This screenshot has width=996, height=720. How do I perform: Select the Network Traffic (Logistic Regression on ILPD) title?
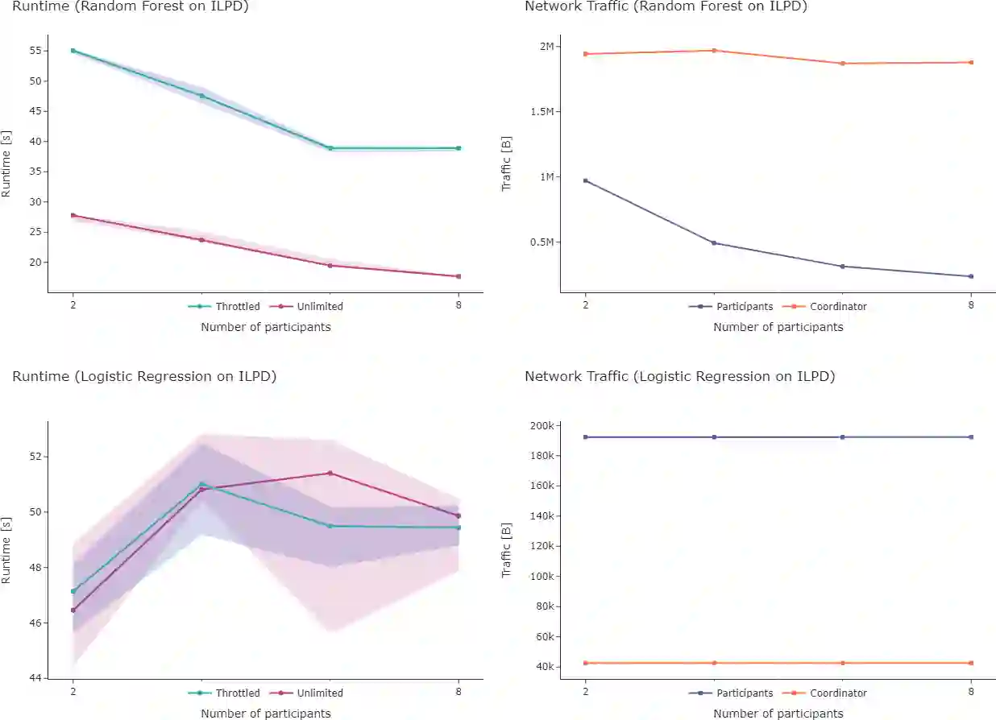point(679,376)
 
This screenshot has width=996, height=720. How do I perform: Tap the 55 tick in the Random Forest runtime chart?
point(34,51)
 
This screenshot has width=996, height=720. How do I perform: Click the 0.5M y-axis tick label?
point(542,242)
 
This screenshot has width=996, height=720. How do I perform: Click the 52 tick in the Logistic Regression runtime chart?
point(34,457)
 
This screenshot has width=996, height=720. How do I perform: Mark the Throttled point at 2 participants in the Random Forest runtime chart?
point(73,51)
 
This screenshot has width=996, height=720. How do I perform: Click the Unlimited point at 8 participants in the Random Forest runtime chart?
point(459,276)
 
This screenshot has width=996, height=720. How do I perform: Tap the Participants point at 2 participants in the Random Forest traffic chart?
point(586,180)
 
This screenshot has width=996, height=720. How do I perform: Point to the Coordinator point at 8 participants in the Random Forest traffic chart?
point(971,62)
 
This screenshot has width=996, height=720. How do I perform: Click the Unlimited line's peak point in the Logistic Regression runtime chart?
point(330,473)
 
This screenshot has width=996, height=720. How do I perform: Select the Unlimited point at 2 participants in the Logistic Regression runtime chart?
point(73,610)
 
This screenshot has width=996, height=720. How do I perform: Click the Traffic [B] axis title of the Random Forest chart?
point(507,163)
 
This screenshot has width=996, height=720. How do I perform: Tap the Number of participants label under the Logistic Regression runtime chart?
point(265,714)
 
